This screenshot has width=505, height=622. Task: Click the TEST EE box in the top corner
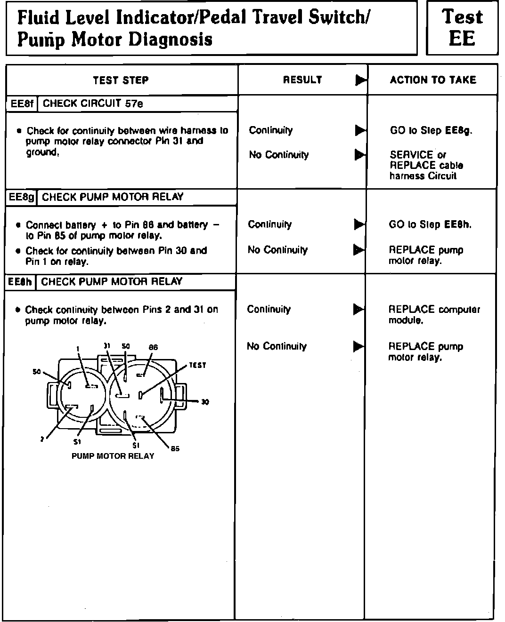coord(462,28)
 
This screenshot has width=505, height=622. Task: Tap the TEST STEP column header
coord(121,80)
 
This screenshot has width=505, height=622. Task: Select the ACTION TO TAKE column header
coord(432,80)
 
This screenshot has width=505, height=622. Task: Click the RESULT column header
coord(302,80)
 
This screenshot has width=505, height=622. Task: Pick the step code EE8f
coord(22,104)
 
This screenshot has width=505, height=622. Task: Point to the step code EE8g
coord(22,197)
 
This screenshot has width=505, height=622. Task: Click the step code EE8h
coord(21,282)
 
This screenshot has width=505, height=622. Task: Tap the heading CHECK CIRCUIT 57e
coord(93,104)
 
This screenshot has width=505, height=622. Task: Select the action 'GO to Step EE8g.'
coord(431,130)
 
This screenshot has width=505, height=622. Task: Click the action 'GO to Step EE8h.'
coord(430,224)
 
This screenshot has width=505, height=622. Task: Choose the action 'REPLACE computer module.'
coord(434,315)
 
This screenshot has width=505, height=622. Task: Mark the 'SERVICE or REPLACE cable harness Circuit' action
coord(426,165)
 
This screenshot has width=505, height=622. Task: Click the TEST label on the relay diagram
coord(197,365)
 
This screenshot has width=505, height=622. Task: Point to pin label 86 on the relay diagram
coord(153,347)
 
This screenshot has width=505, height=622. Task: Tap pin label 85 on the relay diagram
coord(175,448)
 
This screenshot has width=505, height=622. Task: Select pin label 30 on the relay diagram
coord(205,402)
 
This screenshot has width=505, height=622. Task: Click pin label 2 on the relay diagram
coord(42,439)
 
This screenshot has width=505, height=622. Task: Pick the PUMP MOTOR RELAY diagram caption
coord(113,456)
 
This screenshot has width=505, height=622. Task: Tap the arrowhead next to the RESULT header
coord(360,80)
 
